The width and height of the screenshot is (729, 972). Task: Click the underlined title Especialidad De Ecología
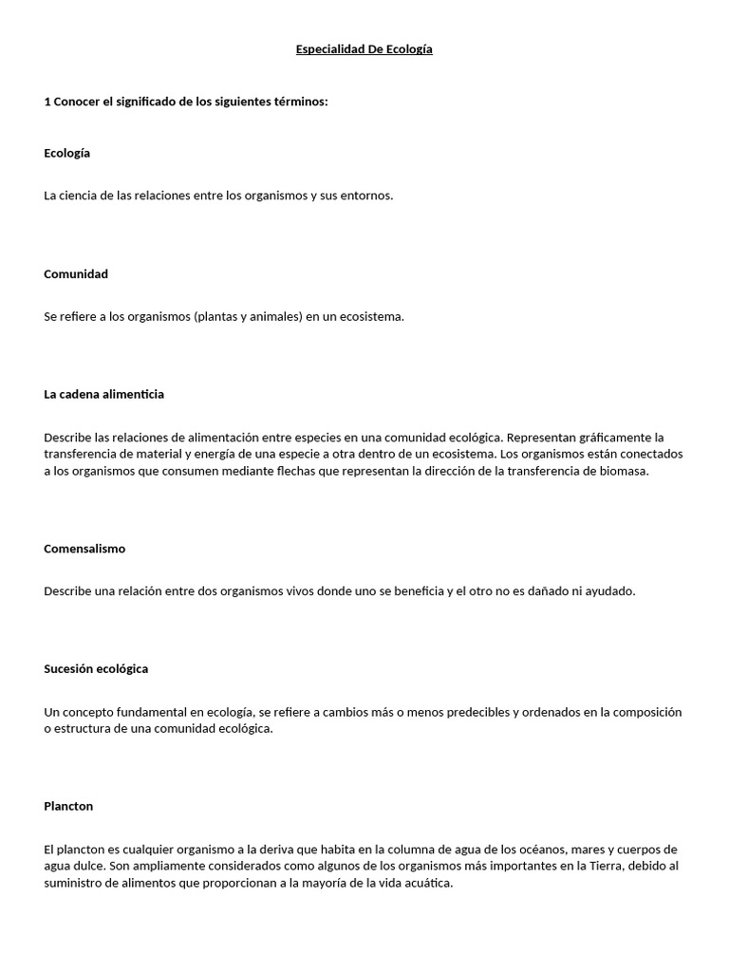(x=364, y=49)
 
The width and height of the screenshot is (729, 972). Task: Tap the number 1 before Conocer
(x=47, y=102)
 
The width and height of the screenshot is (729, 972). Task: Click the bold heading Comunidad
(x=76, y=274)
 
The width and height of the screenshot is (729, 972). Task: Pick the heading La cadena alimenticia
(x=103, y=394)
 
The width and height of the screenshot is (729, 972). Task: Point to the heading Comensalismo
(x=84, y=549)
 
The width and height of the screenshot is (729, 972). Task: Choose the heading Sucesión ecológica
(x=96, y=669)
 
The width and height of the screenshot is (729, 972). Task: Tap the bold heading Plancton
(x=68, y=806)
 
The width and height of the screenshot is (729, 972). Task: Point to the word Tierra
(x=580, y=866)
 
